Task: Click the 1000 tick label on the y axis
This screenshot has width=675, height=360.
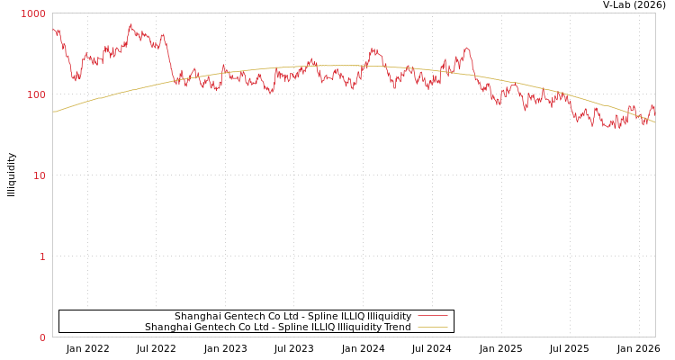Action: (33, 14)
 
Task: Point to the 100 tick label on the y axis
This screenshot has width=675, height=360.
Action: (36, 95)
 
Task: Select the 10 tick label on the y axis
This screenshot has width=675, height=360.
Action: (40, 176)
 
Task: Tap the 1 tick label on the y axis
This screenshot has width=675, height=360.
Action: (42, 257)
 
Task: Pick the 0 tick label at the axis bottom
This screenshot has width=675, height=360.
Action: (42, 338)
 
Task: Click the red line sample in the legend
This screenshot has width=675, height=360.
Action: (432, 317)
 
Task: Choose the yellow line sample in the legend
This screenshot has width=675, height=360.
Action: (432, 328)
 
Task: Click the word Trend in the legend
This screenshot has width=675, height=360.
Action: (397, 328)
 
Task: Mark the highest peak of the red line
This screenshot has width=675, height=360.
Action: (130, 25)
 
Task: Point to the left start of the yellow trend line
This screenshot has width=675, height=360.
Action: (53, 112)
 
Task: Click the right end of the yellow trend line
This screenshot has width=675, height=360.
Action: (654, 121)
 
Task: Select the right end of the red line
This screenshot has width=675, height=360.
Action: (654, 109)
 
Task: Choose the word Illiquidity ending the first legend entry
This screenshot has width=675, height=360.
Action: (389, 317)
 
